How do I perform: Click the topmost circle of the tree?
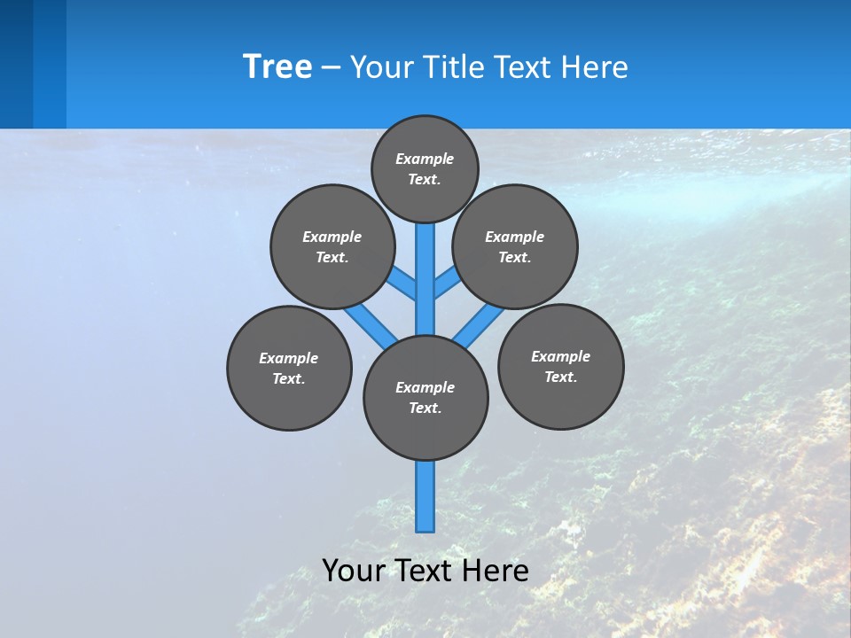(x=425, y=168)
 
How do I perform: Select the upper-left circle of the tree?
(x=332, y=246)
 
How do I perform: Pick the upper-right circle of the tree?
(x=515, y=246)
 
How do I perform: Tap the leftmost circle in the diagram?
(x=289, y=368)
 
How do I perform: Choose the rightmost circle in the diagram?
(x=560, y=366)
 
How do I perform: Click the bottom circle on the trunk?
(x=425, y=398)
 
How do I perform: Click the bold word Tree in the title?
(x=277, y=66)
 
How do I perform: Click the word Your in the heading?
(x=382, y=66)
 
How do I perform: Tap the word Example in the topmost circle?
(x=425, y=159)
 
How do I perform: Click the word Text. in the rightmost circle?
(x=560, y=377)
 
